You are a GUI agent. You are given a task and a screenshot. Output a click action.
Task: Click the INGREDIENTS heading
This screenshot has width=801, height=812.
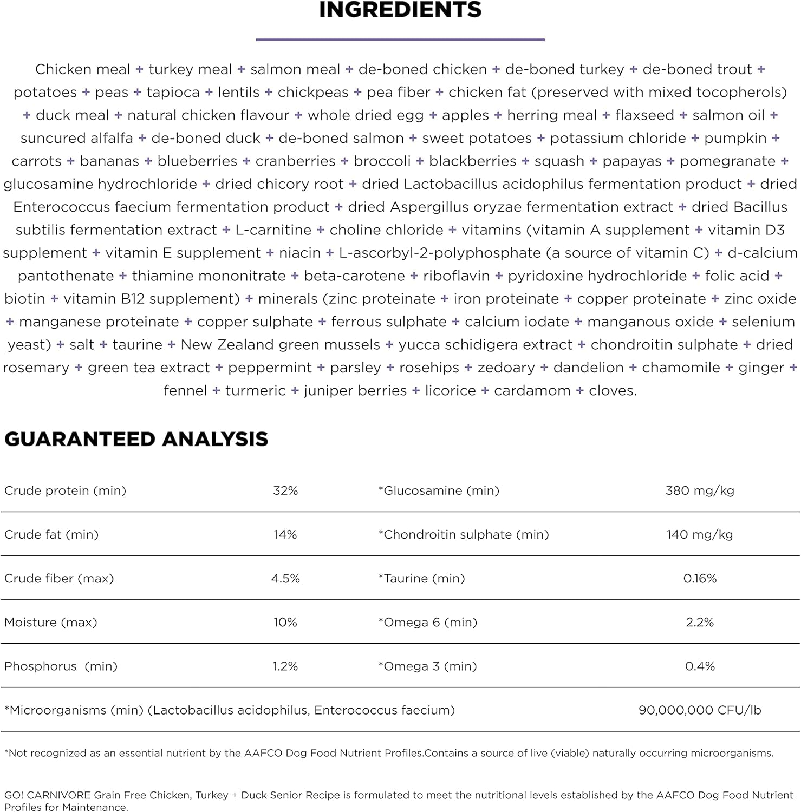coord(400,10)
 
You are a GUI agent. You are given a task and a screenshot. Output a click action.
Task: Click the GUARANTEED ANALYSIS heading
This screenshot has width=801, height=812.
coord(136,439)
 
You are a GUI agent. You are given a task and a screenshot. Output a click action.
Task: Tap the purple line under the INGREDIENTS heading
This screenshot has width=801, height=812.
coord(400,40)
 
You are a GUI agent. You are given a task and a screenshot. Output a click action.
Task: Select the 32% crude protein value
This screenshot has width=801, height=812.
coord(285,490)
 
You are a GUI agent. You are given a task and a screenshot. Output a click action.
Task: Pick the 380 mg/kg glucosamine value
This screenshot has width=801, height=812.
coord(700,490)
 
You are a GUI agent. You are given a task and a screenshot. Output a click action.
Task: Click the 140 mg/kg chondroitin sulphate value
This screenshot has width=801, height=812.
coord(700,534)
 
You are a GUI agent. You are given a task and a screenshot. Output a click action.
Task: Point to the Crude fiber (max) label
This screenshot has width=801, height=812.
coord(59,578)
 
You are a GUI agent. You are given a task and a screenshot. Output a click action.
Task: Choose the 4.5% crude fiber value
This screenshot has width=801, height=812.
coord(285,578)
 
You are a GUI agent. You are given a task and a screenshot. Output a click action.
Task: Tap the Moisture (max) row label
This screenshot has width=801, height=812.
coord(51,622)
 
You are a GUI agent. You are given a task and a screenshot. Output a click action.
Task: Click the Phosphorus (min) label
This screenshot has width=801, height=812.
coord(61,666)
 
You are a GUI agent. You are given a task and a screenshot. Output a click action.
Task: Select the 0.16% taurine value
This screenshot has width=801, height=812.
coord(700,578)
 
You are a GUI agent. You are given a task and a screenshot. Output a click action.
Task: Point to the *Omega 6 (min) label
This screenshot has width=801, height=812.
coord(428,622)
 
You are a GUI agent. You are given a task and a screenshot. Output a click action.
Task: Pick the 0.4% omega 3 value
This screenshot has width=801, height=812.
coord(700,666)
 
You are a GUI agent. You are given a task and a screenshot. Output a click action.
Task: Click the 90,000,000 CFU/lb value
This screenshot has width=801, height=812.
coord(700,710)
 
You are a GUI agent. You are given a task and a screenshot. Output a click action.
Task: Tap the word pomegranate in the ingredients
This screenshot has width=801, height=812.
coord(727,161)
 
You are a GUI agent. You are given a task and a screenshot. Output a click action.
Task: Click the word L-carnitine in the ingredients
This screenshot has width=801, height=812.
coord(273,230)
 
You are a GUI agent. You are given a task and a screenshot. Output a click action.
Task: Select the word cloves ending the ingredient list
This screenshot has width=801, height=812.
coord(612,390)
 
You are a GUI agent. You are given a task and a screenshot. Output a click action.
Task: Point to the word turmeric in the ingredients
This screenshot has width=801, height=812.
coord(255,390)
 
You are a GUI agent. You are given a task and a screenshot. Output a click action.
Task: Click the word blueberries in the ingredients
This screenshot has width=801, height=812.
coord(197,161)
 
